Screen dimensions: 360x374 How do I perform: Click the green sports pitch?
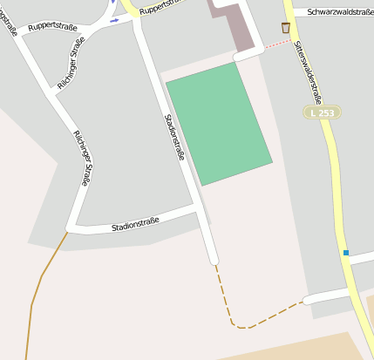point(219,123)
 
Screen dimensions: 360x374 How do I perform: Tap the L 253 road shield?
point(322,112)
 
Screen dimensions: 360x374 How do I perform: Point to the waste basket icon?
point(286,28)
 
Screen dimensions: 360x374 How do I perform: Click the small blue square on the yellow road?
point(346,253)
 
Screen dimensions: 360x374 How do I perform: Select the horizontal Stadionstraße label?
point(135,226)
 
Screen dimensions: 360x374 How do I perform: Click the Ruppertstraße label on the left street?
point(52,27)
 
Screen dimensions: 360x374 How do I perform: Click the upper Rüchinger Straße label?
point(71,57)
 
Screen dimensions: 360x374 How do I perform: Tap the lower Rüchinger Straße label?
point(81,158)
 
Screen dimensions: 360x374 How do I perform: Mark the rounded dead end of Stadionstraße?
point(214,260)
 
